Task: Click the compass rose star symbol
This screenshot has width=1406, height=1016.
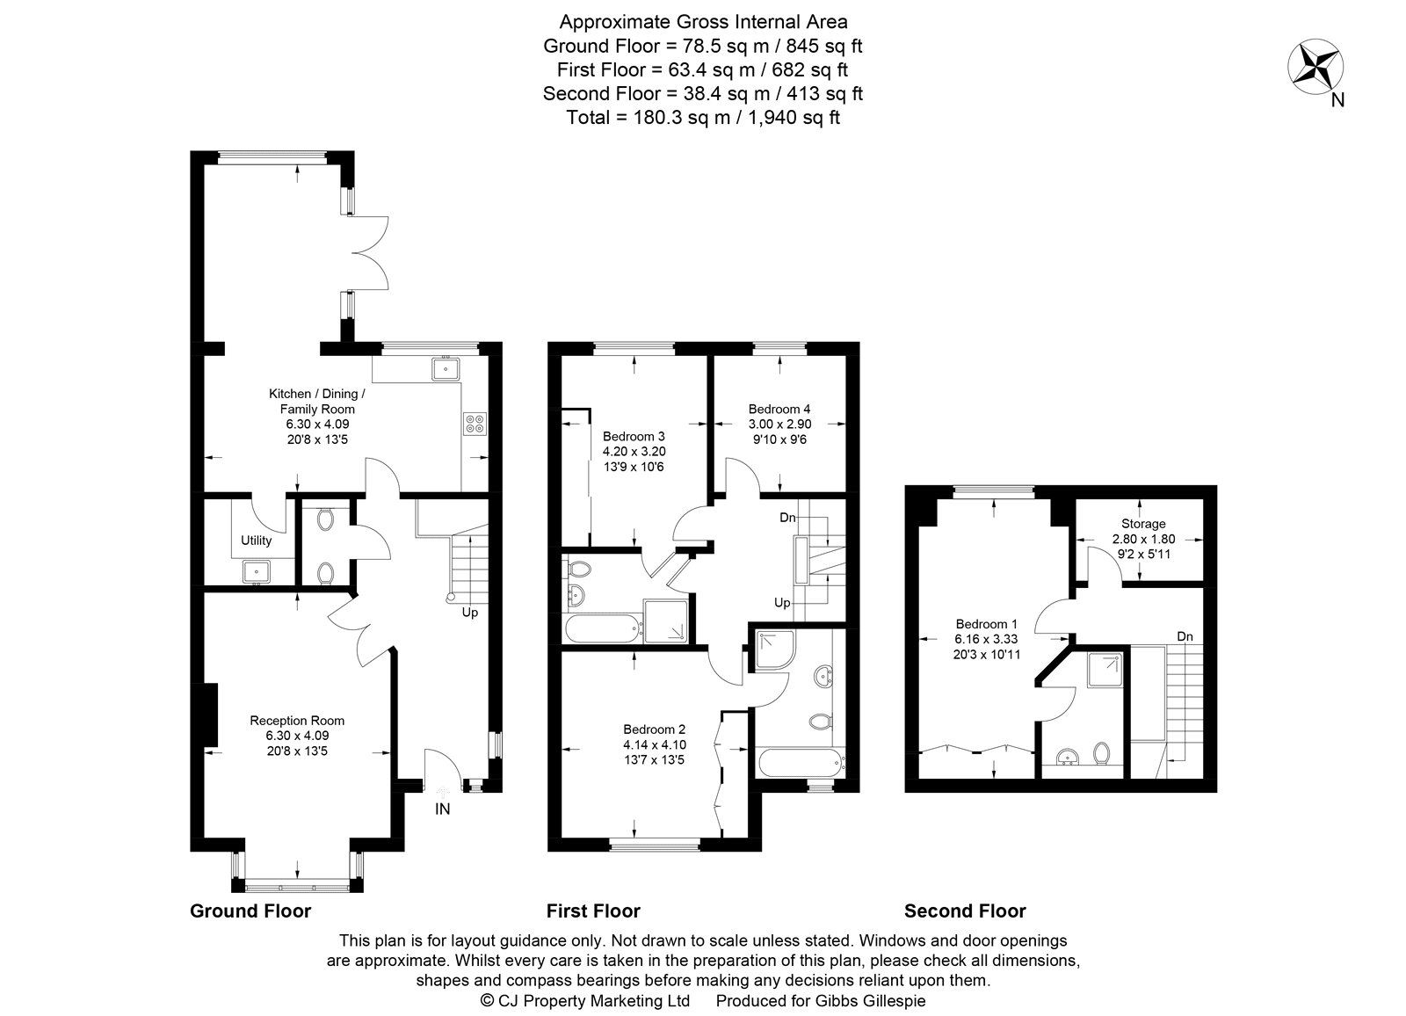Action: tap(1316, 67)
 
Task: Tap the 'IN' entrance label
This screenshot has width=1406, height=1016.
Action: tap(442, 809)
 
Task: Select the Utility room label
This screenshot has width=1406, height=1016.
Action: tap(257, 541)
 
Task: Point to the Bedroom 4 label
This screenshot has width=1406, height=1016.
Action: tap(779, 409)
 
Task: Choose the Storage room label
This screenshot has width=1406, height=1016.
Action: tap(1142, 524)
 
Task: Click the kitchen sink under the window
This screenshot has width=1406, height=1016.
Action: tap(447, 369)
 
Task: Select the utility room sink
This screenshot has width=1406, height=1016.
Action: tap(257, 570)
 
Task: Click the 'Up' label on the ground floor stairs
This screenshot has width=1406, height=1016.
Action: tap(470, 613)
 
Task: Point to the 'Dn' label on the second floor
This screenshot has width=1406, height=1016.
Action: tap(1185, 636)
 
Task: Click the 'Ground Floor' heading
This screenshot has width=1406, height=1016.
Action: tap(250, 911)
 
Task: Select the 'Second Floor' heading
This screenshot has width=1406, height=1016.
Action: tap(965, 911)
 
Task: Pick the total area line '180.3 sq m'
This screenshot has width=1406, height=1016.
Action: tap(703, 118)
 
